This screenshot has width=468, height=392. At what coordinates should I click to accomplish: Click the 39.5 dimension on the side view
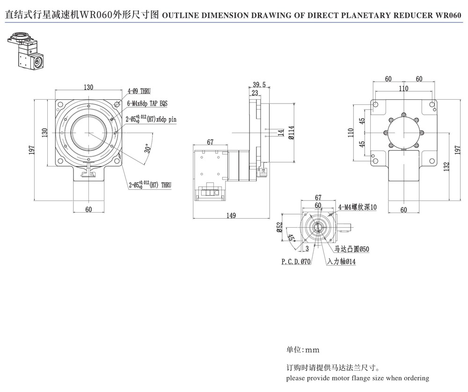[259, 85]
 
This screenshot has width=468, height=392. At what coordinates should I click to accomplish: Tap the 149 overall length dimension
[231, 215]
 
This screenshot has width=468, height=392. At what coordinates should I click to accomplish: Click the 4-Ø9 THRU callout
[139, 91]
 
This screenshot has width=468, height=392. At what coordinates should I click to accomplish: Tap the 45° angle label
[291, 238]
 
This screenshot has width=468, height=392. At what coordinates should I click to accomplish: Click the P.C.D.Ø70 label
[296, 262]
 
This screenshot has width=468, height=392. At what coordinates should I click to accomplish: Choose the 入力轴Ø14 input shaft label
[342, 262]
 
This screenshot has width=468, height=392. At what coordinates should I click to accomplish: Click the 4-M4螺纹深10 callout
[357, 207]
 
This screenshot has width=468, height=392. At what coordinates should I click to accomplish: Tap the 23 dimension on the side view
[255, 93]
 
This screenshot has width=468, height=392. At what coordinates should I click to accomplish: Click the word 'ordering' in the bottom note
[414, 378]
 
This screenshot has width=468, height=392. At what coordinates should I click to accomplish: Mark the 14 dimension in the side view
[280, 133]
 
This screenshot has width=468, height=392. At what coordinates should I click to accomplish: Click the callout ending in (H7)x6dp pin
[151, 119]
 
